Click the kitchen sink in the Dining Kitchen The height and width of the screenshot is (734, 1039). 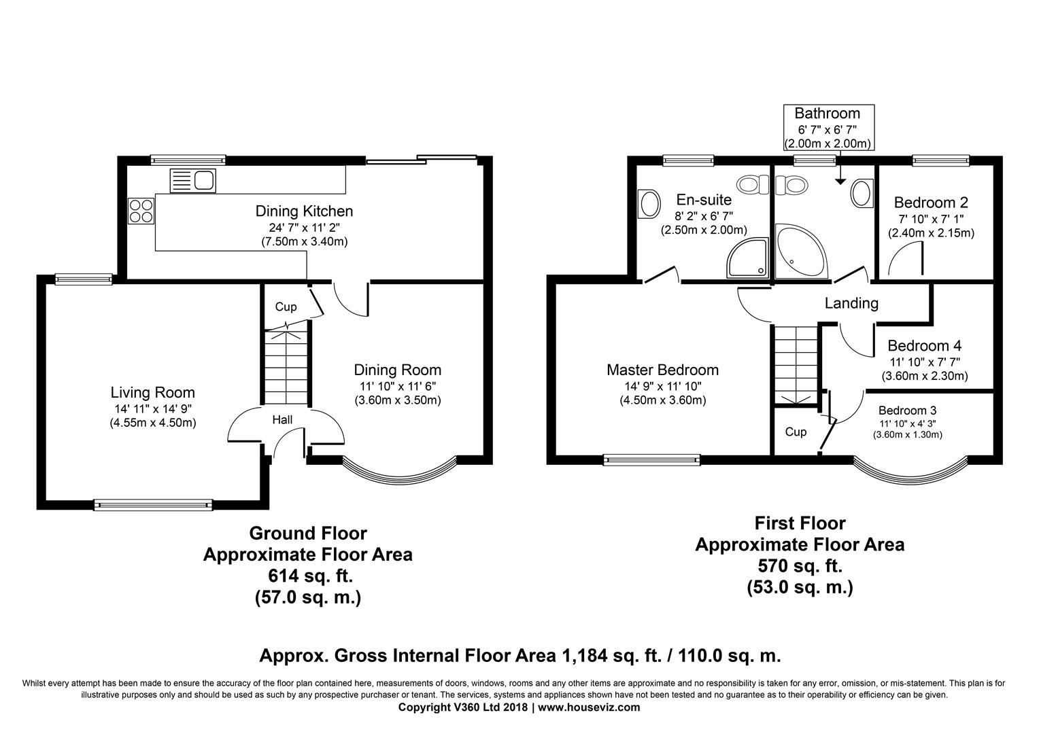(193, 181)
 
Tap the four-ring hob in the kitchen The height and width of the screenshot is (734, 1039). (141, 211)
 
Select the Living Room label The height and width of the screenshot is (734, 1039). (152, 393)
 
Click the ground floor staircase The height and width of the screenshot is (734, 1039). (286, 367)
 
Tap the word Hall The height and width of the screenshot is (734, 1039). (282, 420)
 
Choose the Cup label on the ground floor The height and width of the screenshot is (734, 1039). (286, 307)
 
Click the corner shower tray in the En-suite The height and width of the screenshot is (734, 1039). (748, 258)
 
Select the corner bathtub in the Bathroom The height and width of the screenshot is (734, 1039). (802, 251)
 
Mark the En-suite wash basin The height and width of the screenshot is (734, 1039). (649, 204)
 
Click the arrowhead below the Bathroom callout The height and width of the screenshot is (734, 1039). (840, 181)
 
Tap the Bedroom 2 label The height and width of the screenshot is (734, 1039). (931, 203)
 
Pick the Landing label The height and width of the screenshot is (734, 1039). (851, 303)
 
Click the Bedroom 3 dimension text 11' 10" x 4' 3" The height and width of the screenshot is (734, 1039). (907, 423)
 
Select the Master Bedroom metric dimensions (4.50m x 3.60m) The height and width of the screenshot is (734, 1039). (663, 400)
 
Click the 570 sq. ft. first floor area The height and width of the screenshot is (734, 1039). (800, 565)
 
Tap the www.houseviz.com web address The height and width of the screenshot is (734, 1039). (589, 707)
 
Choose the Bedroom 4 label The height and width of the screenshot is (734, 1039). (925, 346)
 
